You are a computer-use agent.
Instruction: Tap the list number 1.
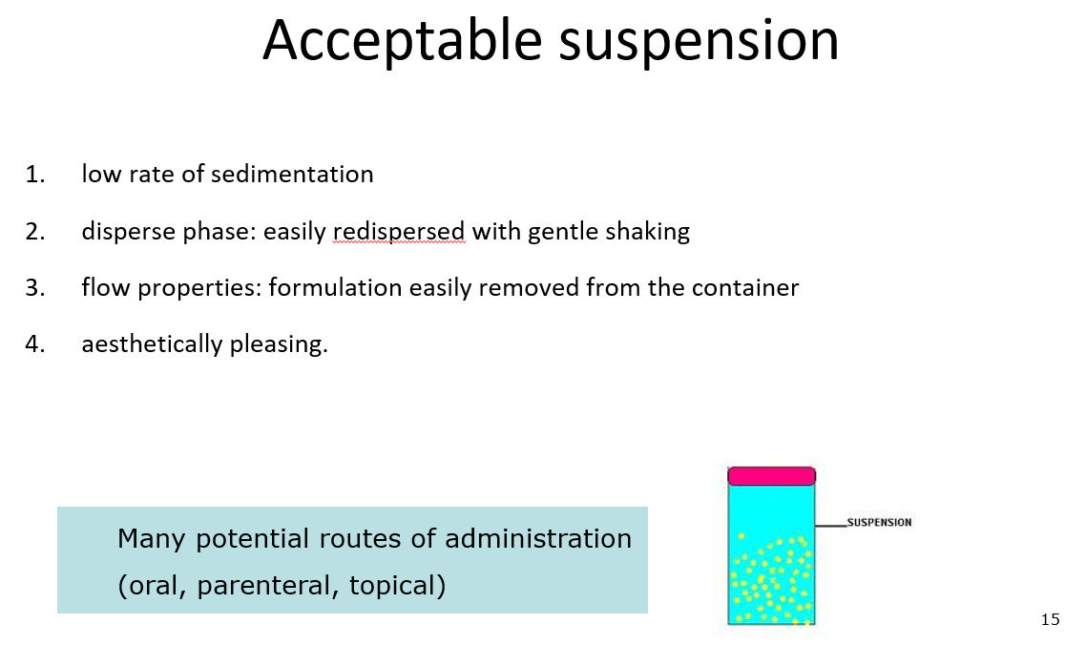point(34,175)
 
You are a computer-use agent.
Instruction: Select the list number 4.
point(34,344)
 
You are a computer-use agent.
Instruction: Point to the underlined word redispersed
point(399,232)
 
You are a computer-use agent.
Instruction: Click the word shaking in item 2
point(649,232)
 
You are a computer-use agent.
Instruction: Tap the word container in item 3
point(750,288)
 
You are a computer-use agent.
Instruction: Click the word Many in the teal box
point(153,539)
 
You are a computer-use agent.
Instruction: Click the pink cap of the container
point(771,475)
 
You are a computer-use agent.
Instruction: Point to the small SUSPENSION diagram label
point(879,523)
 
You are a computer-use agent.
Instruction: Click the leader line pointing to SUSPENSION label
point(830,524)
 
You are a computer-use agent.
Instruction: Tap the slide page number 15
point(1050,620)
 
